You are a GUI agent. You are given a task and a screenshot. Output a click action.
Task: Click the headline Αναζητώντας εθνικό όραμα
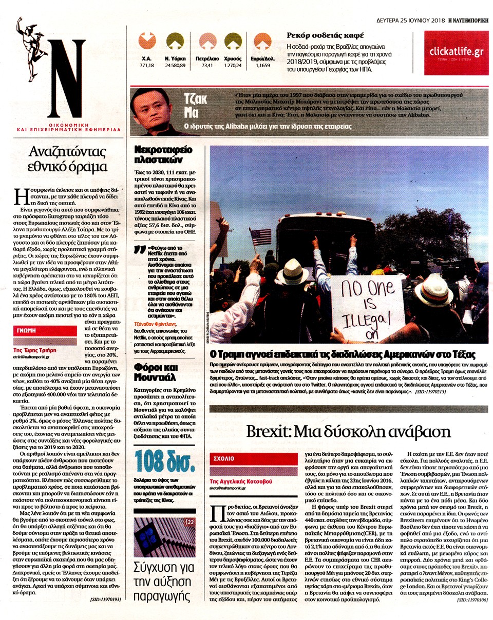(67, 159)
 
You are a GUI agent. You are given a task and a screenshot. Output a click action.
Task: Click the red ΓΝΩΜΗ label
(26, 331)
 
